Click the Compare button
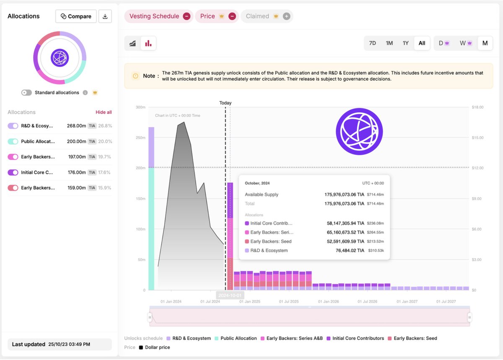point(76,16)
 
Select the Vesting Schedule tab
point(154,16)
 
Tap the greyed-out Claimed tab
point(257,16)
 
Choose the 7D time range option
point(372,43)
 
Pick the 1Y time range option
point(405,43)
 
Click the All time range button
point(422,43)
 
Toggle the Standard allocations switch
point(27,93)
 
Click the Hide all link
point(104,112)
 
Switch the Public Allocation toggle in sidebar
point(13,142)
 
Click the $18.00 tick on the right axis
point(478,107)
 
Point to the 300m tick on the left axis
point(140,107)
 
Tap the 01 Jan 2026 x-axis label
point(329,302)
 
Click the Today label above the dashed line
point(226,103)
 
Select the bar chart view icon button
point(148,43)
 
